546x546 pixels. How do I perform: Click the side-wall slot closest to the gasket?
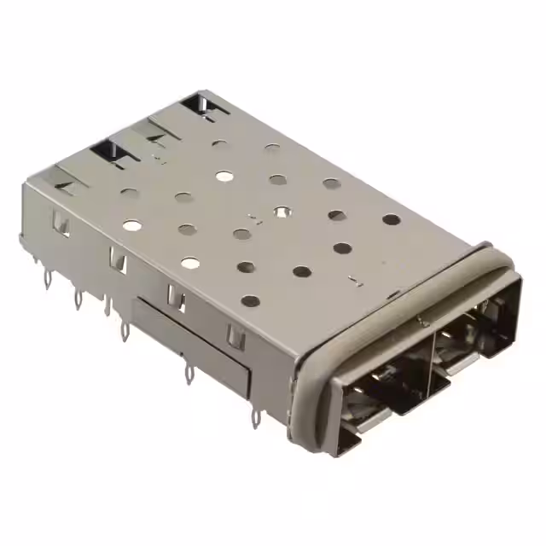(235, 336)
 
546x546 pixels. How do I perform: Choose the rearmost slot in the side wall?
(61, 224)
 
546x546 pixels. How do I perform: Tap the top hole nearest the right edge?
(392, 219)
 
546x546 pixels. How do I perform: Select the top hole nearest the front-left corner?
(250, 301)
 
